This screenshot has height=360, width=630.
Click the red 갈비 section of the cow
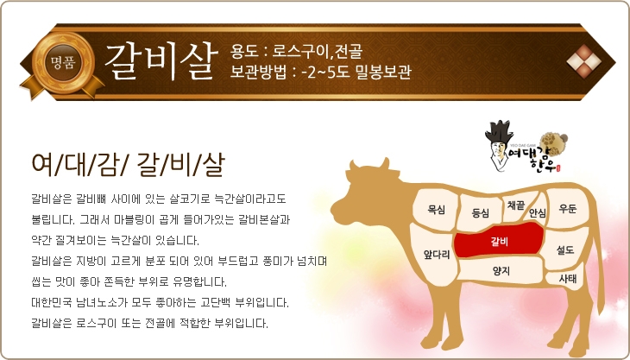499,240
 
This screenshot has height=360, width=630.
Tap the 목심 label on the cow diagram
437,210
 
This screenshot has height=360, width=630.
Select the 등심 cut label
480,212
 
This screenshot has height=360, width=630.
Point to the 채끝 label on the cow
516,205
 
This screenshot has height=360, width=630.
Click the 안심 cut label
538,212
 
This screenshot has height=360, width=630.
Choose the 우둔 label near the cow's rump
568,208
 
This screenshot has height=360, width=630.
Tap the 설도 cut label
565,249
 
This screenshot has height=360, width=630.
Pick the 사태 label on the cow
568,279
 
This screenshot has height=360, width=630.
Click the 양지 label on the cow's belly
501,270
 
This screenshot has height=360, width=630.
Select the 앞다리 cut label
437,255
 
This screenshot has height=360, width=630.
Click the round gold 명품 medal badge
63,63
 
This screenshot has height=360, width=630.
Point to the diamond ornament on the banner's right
583,61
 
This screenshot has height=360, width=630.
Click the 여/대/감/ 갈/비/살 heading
129,165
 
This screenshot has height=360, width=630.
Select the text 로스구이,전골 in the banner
318,51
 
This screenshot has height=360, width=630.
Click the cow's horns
369,164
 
